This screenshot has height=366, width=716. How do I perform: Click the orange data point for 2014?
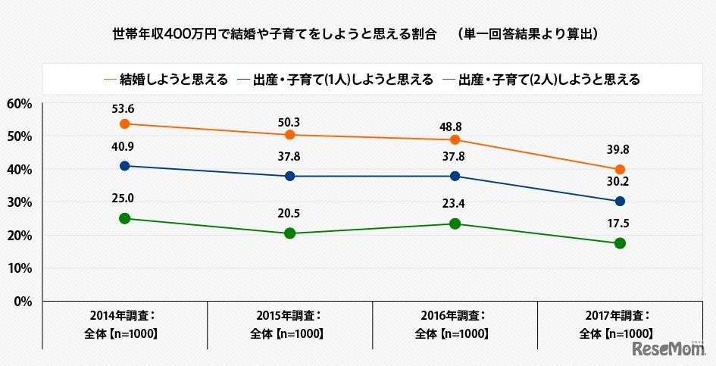[124, 124]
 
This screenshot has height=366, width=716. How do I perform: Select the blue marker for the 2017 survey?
[620, 202]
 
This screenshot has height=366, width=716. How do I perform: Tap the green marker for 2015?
[289, 233]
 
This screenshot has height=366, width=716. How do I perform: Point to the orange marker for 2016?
[455, 139]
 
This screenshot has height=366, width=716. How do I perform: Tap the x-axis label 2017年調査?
[620, 315]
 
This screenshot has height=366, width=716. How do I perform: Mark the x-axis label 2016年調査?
[454, 315]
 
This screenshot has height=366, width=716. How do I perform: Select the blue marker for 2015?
[289, 176]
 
